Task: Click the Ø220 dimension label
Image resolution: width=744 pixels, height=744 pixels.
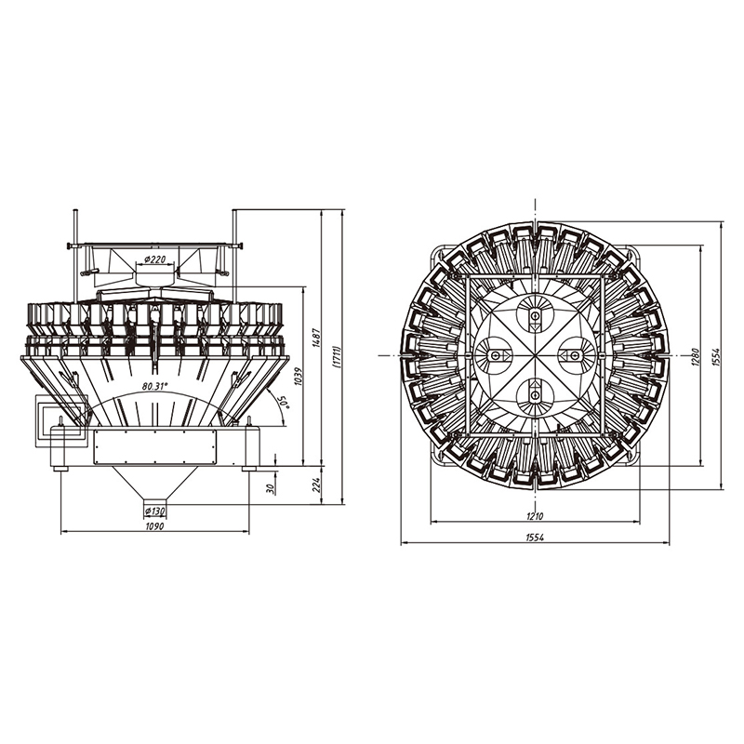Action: [155, 259]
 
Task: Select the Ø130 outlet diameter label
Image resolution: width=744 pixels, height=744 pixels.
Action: [154, 511]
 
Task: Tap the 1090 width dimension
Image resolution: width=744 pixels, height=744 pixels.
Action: [154, 525]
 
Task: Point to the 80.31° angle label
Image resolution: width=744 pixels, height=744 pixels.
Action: [154, 386]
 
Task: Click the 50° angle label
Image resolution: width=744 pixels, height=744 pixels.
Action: [285, 401]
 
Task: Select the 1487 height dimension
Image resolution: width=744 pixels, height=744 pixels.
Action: [317, 338]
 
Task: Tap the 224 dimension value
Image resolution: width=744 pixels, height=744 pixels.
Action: [317, 485]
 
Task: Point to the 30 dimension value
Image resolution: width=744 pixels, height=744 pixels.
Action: [271, 489]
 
